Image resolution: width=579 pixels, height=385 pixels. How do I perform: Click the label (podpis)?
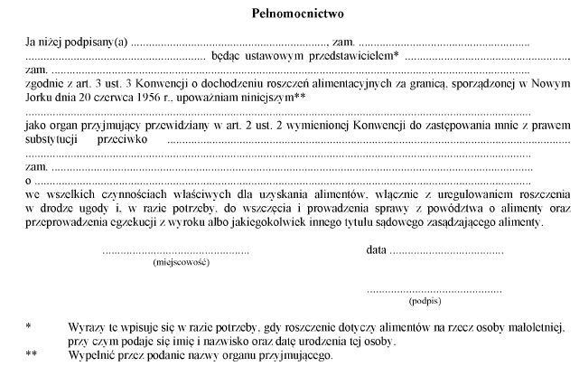(425, 299)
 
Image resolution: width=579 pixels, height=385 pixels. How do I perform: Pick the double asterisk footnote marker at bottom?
(32, 355)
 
